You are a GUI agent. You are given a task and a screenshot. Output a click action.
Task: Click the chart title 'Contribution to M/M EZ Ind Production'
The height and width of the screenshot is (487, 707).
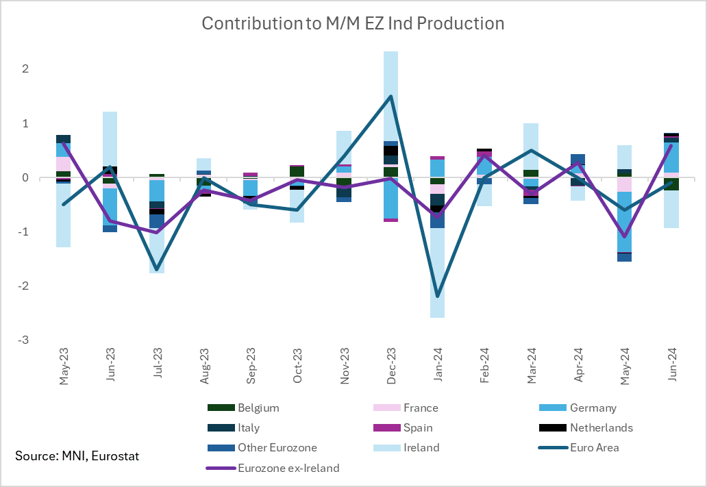pyautogui.click(x=353, y=23)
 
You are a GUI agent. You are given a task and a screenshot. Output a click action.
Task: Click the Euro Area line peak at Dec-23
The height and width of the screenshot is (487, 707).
pyautogui.click(x=391, y=96)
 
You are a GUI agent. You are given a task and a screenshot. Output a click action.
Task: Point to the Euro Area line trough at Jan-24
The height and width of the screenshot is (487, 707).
pyautogui.click(x=438, y=297)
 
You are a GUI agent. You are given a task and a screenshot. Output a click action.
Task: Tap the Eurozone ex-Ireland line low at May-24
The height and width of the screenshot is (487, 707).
pyautogui.click(x=625, y=237)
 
